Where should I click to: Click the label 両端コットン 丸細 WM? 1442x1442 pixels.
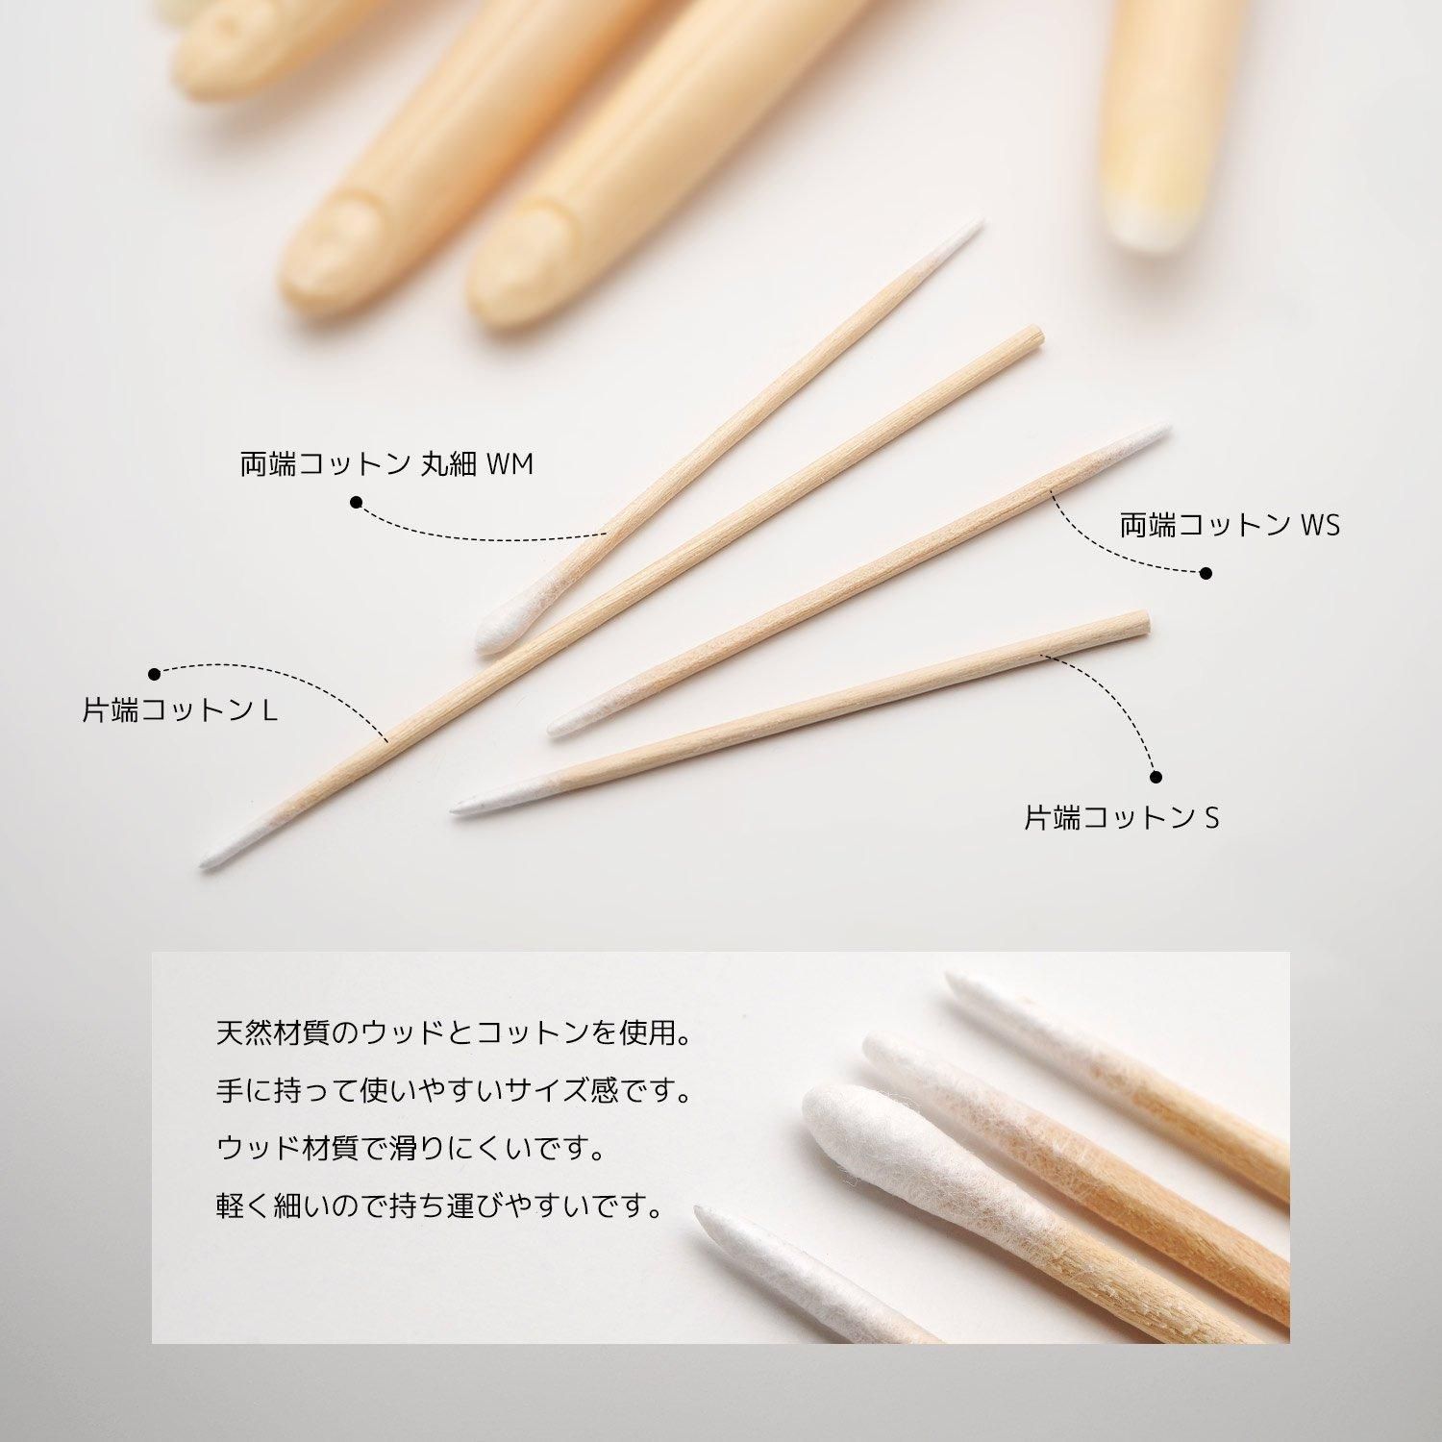(386, 464)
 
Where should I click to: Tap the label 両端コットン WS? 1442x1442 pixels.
(1230, 525)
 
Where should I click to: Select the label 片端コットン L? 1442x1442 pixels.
(181, 710)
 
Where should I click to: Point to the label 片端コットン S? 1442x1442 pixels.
(1122, 818)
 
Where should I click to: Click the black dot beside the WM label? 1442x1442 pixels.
(356, 502)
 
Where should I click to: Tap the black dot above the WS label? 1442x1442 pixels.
(1206, 573)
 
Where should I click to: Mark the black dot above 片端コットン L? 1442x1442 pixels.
(155, 673)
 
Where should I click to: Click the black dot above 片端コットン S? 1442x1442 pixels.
(1156, 777)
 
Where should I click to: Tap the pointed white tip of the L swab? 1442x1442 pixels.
(203, 864)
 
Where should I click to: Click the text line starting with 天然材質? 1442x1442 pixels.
(455, 1034)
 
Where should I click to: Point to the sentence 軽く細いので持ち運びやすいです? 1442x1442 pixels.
(440, 1206)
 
